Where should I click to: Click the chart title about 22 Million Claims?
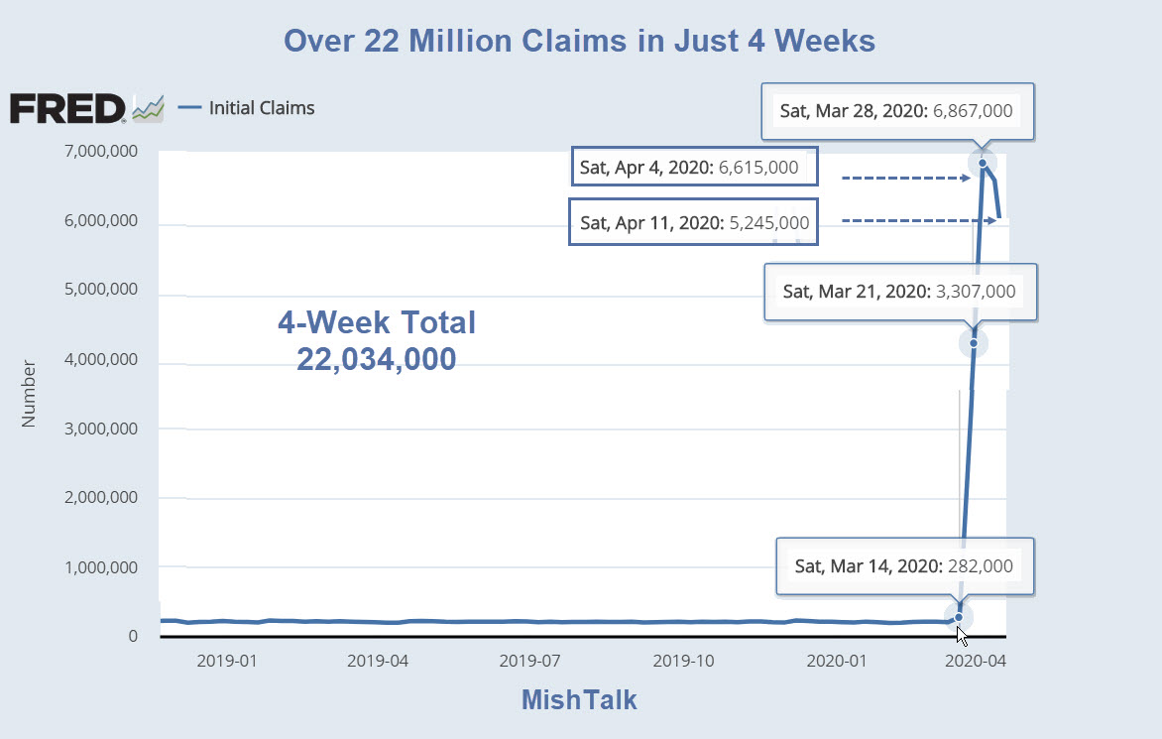pyautogui.click(x=580, y=41)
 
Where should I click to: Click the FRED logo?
pyautogui.click(x=67, y=108)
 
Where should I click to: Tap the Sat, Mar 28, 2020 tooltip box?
pyautogui.click(x=896, y=110)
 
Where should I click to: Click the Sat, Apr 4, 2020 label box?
pyautogui.click(x=695, y=167)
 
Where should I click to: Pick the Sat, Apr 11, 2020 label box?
pyautogui.click(x=695, y=223)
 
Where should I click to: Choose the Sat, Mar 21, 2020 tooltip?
pyautogui.click(x=899, y=292)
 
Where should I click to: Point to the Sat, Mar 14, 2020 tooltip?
pyautogui.click(x=903, y=566)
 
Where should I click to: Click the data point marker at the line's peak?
pyautogui.click(x=983, y=163)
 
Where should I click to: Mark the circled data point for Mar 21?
pyautogui.click(x=974, y=343)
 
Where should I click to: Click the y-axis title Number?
pyautogui.click(x=29, y=394)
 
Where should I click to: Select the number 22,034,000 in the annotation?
pyautogui.click(x=377, y=359)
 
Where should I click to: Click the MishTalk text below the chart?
pyautogui.click(x=579, y=700)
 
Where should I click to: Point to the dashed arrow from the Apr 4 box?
pyautogui.click(x=904, y=179)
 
